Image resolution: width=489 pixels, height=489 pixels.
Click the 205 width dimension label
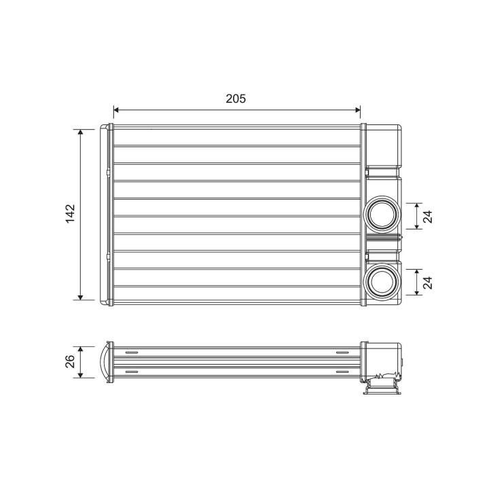tap(236, 98)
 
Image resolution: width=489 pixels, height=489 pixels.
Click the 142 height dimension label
tap(71, 214)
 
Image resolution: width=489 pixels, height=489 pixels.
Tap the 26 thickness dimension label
tap(70, 361)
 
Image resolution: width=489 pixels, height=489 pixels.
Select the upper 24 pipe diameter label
tap(428, 217)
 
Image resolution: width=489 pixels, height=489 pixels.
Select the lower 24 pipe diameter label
tap(428, 283)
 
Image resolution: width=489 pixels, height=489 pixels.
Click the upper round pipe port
tap(382, 215)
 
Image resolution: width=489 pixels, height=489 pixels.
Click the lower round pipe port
tap(382, 282)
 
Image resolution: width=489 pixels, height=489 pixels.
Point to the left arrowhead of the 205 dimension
tap(116, 110)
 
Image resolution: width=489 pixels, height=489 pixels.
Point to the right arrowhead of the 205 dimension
tap(358, 110)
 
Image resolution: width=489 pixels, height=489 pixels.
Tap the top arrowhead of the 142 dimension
tap(80, 132)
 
